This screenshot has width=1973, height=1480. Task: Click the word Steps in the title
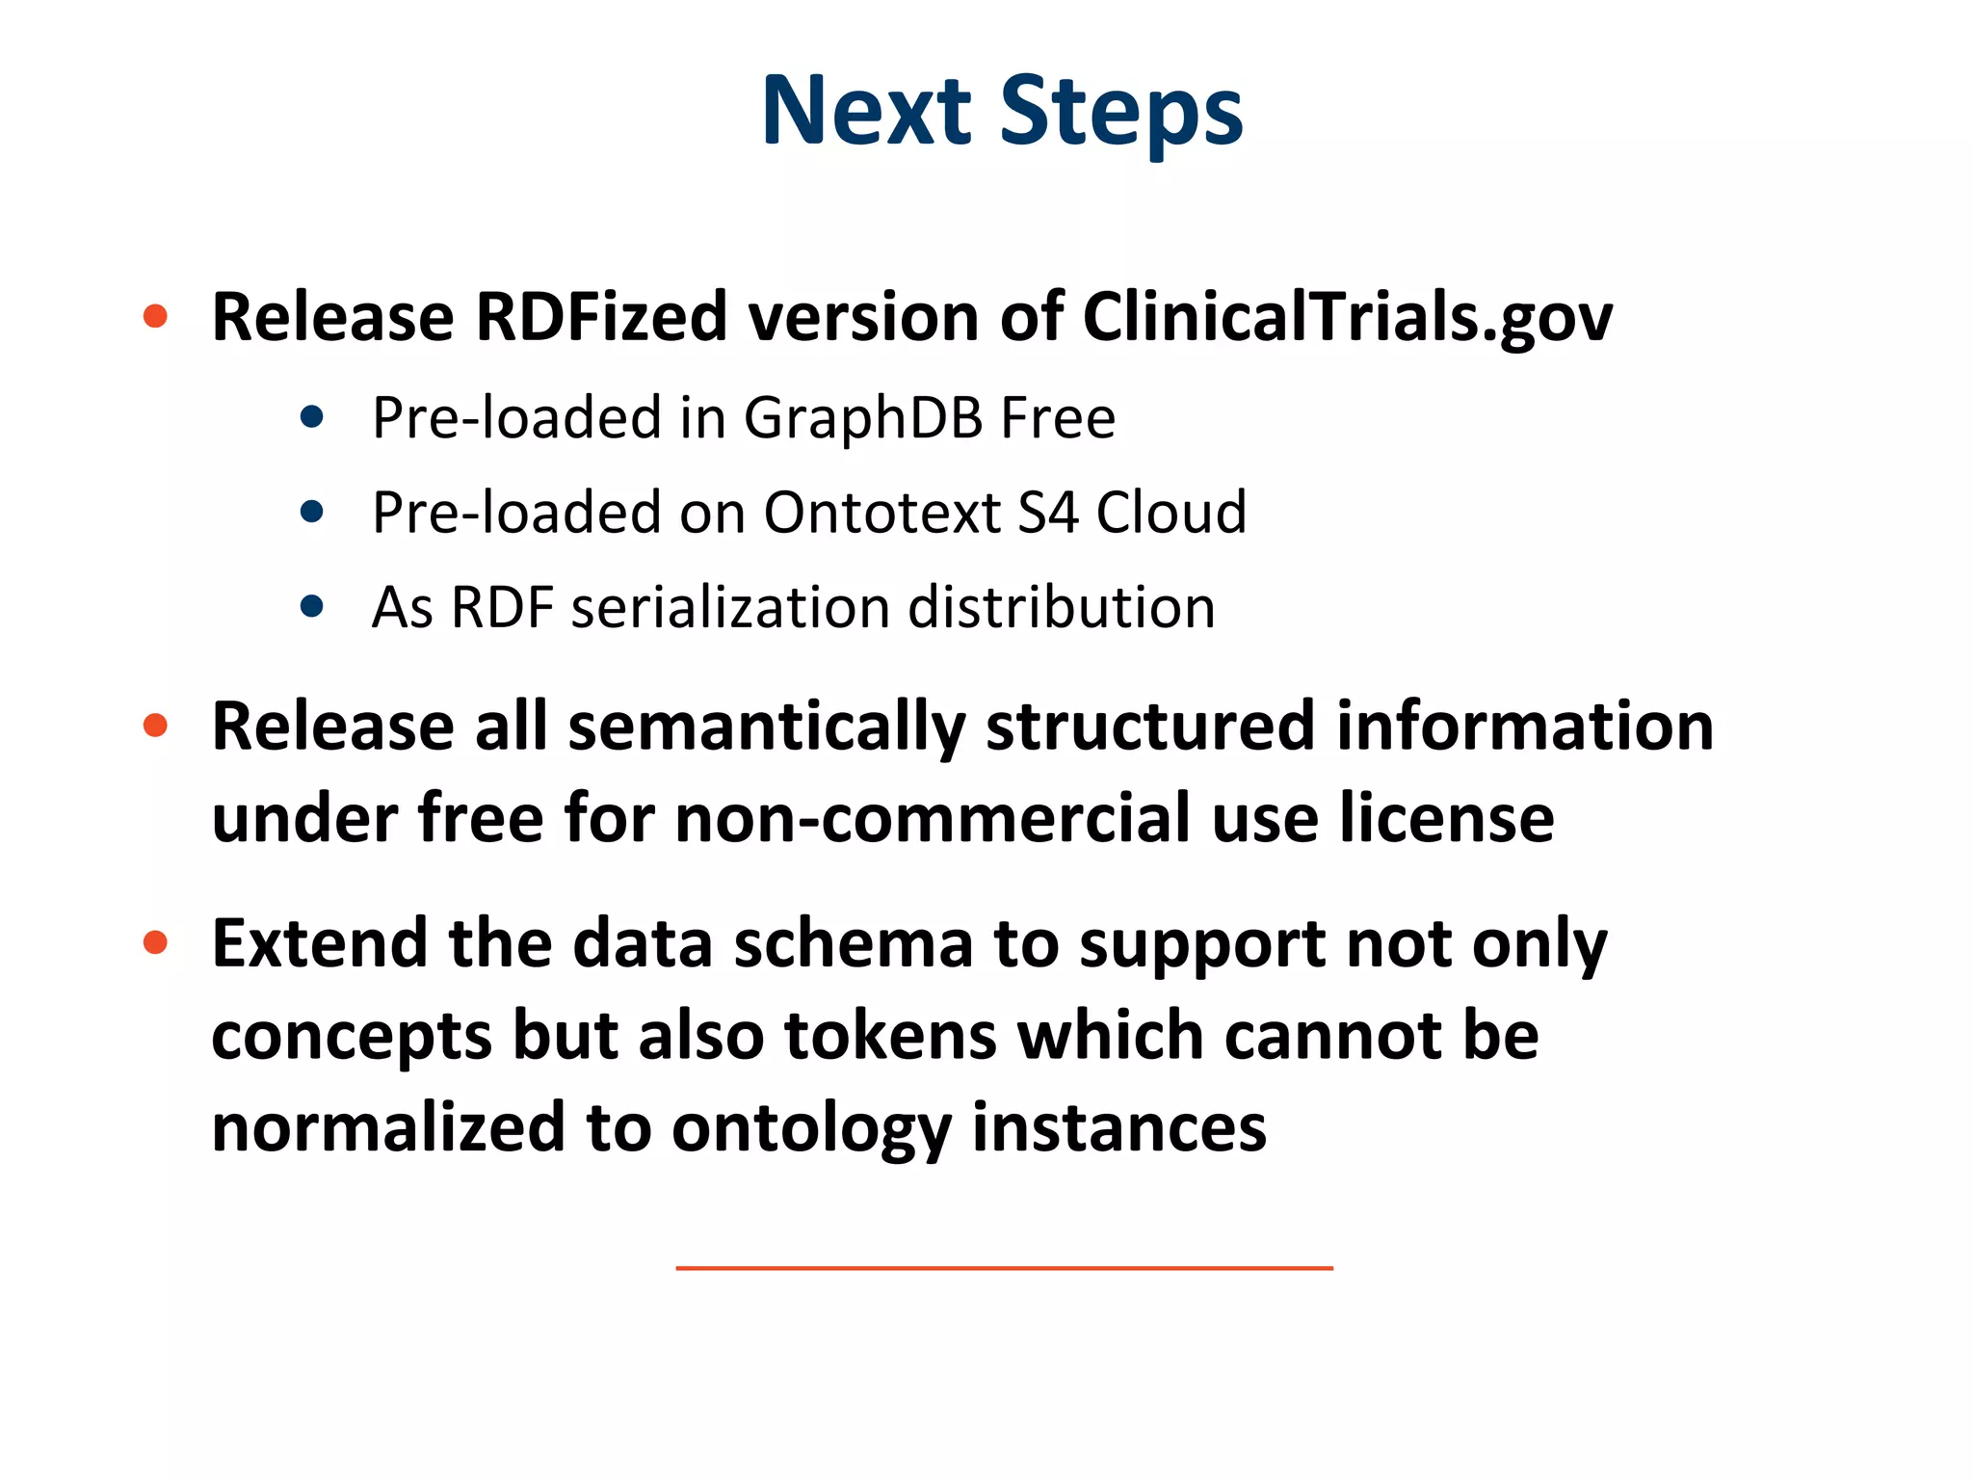1121,114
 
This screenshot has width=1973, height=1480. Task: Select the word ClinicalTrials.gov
1347,317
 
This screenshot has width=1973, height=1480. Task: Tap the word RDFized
601,317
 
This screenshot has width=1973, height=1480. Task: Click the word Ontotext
881,513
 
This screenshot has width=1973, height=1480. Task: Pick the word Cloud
1171,513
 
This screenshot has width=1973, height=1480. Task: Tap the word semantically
766,727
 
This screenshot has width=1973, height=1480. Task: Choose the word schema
853,944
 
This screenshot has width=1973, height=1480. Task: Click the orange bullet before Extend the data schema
155,942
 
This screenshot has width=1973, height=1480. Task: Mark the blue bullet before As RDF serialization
311,606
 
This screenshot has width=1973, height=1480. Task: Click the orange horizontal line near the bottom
1004,1268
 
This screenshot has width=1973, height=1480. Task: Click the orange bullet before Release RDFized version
155,316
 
